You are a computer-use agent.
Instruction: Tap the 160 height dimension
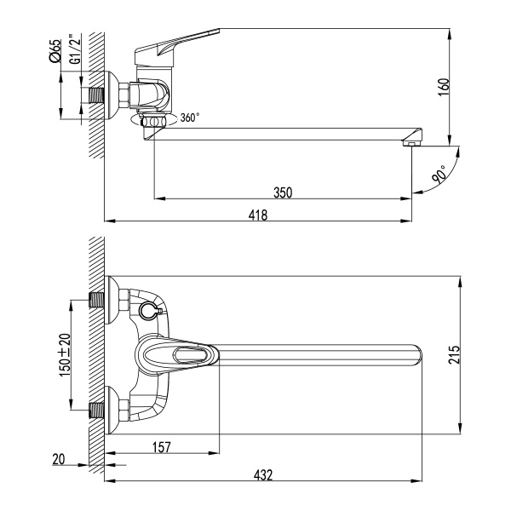(x=445, y=86)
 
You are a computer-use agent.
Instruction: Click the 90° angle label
(x=439, y=175)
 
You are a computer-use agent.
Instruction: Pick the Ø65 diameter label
(x=55, y=52)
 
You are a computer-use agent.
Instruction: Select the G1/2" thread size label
(x=74, y=52)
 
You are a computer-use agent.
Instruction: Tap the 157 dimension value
(x=161, y=445)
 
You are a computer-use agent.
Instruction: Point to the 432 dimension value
(x=263, y=475)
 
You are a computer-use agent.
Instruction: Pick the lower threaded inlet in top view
(x=98, y=410)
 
